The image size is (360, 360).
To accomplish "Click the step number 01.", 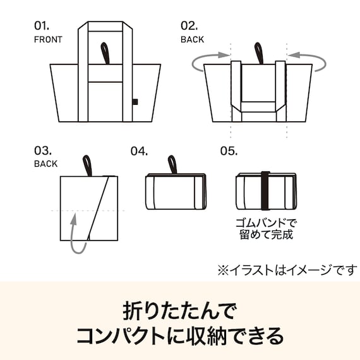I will pos(41,27).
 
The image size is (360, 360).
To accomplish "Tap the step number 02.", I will pos(189,27).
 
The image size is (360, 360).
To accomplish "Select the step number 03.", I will pos(42,151).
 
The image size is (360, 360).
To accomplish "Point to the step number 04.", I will pos(139,151).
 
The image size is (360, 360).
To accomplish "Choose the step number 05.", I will pos(228,151).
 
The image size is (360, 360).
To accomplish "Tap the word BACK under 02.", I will pos(192,39).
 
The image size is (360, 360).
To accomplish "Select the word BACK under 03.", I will pos(45,164).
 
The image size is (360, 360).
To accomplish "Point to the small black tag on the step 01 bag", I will pos(136,102).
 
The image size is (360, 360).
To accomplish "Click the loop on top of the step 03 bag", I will pos(87,165).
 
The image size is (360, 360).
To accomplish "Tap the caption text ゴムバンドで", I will pos(265,223).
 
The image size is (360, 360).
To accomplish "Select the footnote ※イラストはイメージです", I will pos(287,270).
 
